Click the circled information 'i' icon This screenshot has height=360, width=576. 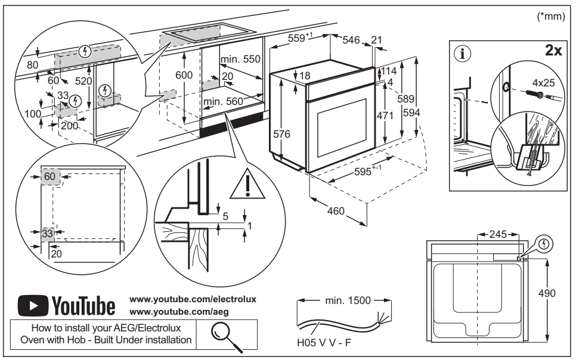(x=462, y=53)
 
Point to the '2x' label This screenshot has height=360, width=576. (x=553, y=51)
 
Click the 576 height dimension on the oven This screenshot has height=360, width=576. (x=281, y=134)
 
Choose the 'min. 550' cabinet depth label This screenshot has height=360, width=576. (x=240, y=60)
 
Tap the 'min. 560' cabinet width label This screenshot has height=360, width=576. (x=224, y=102)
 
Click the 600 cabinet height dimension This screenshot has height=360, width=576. (x=184, y=75)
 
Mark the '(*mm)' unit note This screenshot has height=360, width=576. (x=551, y=17)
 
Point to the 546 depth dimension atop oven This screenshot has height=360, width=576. (x=352, y=40)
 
